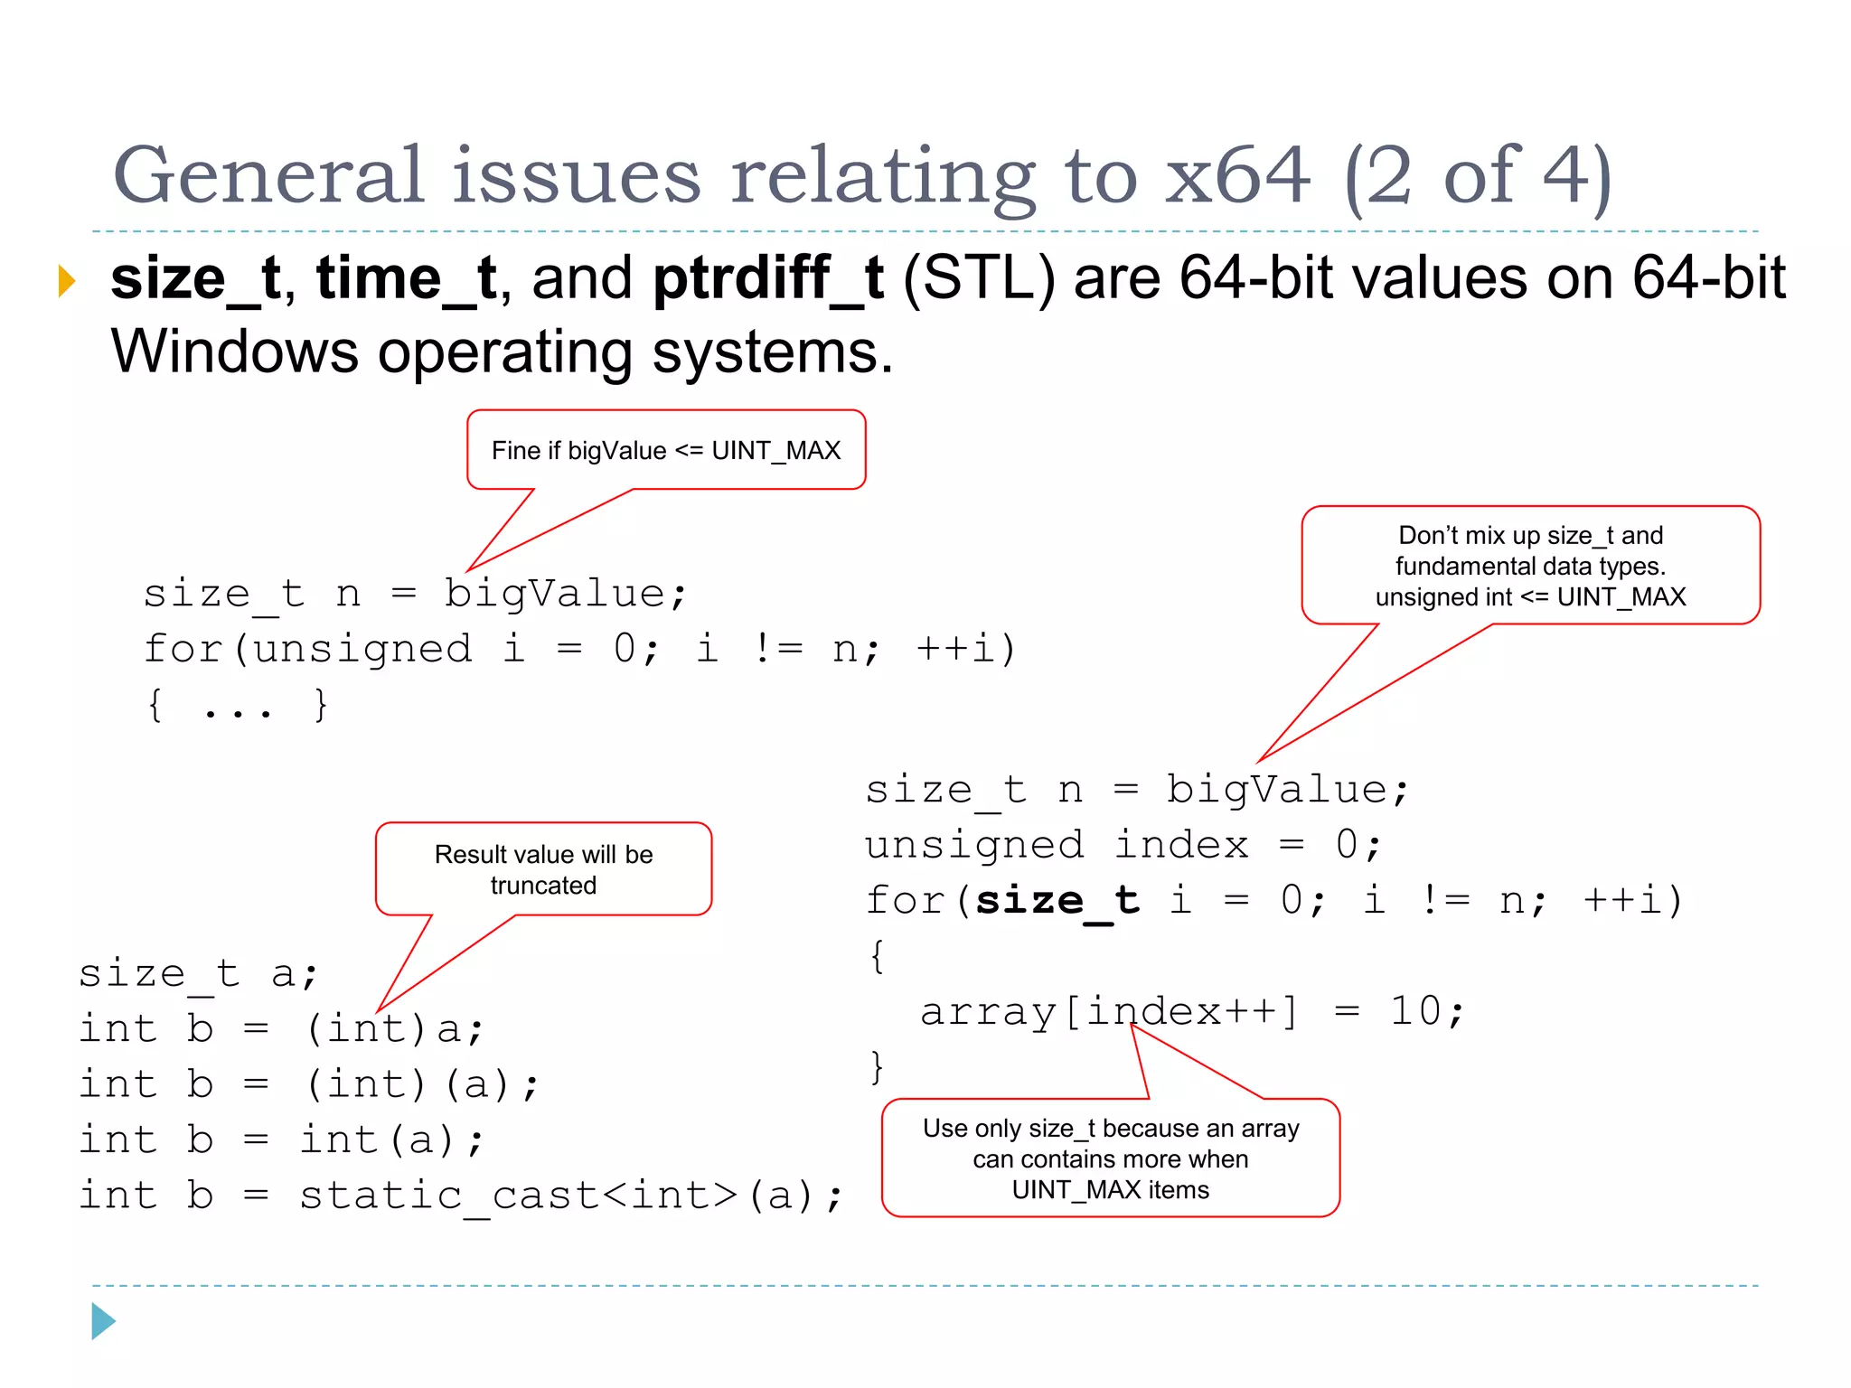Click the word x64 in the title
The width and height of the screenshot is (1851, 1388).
1236,176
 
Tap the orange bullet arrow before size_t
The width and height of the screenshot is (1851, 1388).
66,280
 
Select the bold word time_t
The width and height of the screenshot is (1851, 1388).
406,278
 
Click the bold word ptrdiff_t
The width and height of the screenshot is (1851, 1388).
767,278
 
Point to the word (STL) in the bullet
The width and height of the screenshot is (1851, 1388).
979,278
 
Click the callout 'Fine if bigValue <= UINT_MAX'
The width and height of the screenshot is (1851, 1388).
666,450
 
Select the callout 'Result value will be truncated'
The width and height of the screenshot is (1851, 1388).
543,869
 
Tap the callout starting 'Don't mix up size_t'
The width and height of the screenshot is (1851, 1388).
1530,566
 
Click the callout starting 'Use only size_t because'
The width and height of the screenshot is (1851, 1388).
1110,1158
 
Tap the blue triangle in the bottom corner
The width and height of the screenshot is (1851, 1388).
103,1321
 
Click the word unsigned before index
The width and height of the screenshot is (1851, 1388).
973,846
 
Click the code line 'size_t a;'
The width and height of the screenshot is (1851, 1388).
198,974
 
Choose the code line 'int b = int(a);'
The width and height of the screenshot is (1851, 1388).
281,1140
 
